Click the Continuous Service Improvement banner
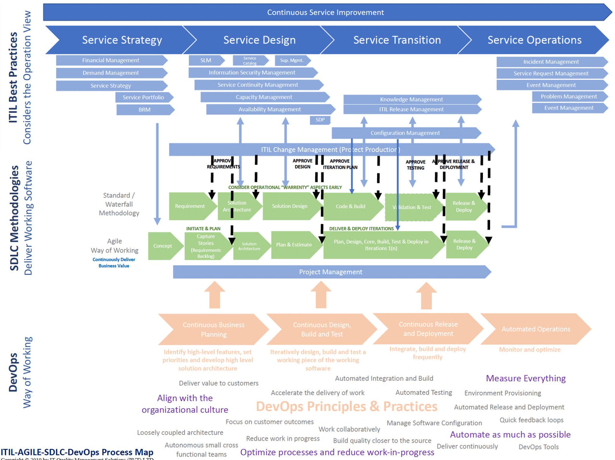point(325,12)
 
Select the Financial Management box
point(111,61)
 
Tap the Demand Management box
point(111,73)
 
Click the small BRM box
point(145,110)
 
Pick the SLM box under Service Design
point(206,61)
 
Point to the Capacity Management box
point(264,97)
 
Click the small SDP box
point(320,120)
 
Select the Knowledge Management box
point(411,99)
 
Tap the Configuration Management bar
point(405,133)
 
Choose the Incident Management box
point(551,62)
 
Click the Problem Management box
point(569,97)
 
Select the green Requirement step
point(190,206)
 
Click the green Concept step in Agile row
point(163,246)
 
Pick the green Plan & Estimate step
point(294,245)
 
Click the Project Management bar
point(331,272)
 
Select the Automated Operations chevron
point(535,329)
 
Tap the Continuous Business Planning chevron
point(213,330)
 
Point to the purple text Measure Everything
point(526,379)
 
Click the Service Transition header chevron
point(397,40)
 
